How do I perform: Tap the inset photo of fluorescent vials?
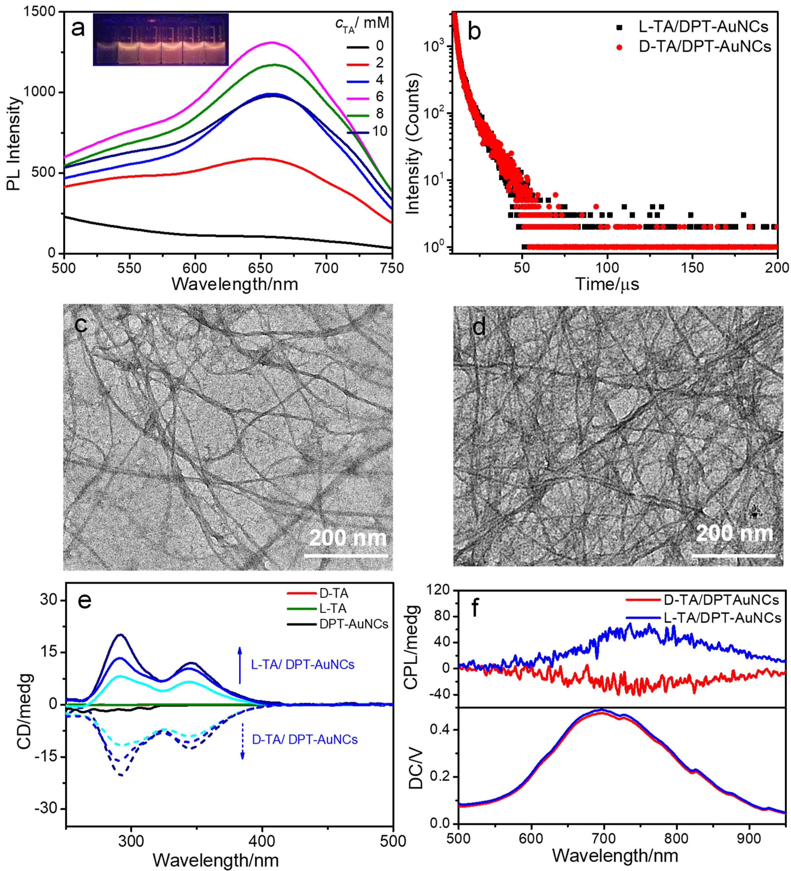[x=160, y=40]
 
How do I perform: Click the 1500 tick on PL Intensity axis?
[x=43, y=12]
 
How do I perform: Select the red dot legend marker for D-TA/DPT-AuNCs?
[x=620, y=47]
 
